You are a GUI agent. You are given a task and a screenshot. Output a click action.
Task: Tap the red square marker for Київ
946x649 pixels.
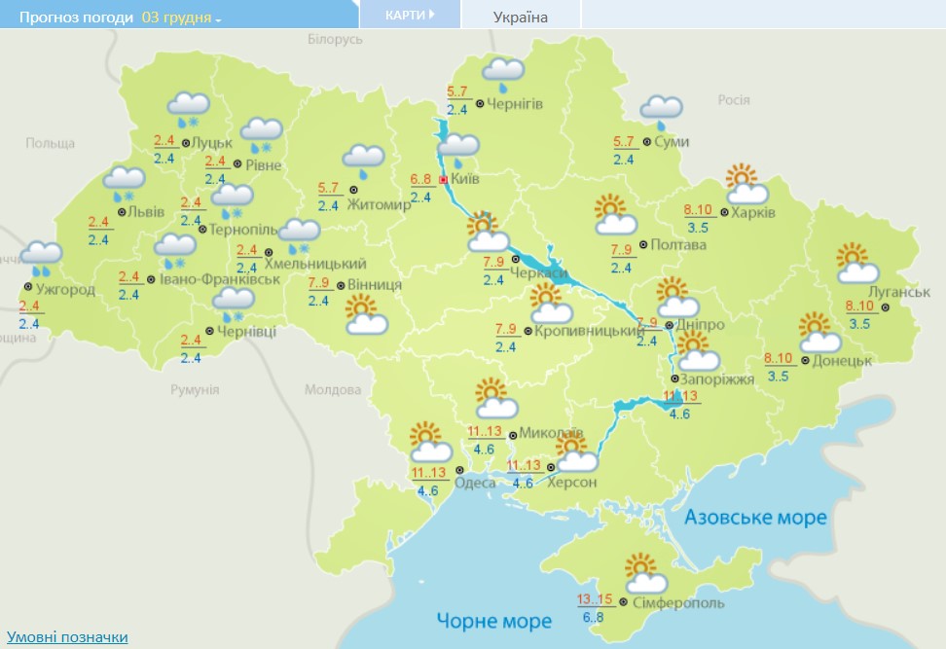click(443, 180)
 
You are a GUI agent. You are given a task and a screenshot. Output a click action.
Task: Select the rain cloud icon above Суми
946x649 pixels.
click(661, 111)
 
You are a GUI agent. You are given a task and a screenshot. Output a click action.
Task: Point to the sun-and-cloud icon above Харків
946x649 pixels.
click(746, 184)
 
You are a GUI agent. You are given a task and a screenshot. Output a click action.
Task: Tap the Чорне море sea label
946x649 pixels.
click(493, 621)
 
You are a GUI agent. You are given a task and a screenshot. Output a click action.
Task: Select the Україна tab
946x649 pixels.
click(521, 17)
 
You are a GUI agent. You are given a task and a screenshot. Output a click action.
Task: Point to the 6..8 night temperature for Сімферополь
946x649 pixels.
click(594, 617)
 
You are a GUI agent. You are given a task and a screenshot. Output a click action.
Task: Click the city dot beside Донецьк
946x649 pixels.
click(805, 360)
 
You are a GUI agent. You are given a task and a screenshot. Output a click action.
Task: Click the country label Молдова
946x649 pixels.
click(333, 389)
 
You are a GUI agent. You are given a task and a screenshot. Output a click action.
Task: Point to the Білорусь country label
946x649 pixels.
click(335, 39)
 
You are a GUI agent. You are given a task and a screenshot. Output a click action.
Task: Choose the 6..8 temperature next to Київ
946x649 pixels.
click(420, 179)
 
